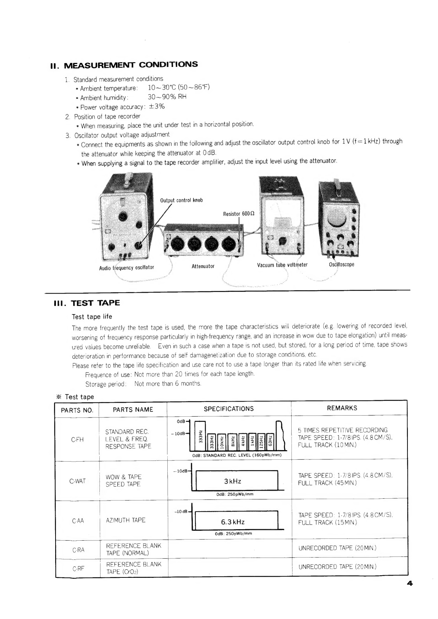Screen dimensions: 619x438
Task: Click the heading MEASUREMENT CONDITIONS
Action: (131, 65)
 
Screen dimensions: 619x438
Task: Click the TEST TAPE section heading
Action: (95, 303)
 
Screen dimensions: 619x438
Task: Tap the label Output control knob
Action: (181, 200)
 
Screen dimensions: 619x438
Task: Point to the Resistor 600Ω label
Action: (239, 214)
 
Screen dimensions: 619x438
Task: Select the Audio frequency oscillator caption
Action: (127, 267)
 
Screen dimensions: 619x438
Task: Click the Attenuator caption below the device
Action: (203, 266)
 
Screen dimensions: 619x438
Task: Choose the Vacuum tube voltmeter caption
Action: (282, 265)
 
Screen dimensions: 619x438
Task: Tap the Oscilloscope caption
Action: (342, 264)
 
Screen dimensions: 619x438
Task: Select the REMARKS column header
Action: (342, 408)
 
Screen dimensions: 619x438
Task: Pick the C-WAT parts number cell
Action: (78, 481)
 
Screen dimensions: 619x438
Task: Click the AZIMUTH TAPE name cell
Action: (125, 520)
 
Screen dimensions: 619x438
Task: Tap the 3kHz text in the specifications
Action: (232, 481)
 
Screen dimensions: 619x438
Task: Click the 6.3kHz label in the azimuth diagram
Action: (232, 522)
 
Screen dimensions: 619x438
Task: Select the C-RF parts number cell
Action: (78, 568)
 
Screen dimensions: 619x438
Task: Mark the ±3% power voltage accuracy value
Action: (156, 107)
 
